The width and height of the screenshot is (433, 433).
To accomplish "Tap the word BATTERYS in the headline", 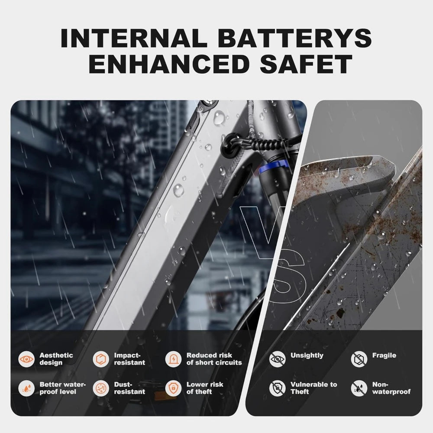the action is [x=296, y=38].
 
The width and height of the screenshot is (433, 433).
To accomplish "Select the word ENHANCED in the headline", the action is [x=168, y=64].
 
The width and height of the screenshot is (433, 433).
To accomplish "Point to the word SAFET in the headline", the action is [x=306, y=64].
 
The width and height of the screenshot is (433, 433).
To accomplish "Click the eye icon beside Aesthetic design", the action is [x=26, y=359].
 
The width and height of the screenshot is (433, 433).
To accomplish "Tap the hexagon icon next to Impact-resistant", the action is [x=101, y=359].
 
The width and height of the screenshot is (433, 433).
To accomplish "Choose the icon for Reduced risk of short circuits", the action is [x=174, y=359].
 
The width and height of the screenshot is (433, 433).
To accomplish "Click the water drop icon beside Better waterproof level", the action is [x=26, y=388].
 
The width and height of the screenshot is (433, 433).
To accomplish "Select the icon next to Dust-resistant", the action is [x=101, y=388].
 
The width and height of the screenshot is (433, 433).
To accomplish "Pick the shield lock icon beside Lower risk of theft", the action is [x=174, y=388].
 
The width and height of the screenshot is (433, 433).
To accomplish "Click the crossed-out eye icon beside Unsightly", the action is [x=277, y=359].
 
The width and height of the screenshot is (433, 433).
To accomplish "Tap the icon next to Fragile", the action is [x=359, y=359].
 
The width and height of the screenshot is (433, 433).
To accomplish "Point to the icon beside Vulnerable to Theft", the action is [x=277, y=388].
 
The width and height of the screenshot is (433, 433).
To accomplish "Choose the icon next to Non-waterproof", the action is [x=359, y=388].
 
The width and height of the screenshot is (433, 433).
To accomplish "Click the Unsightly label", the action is [x=307, y=355].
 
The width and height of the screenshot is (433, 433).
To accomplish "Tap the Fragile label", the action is [x=384, y=355].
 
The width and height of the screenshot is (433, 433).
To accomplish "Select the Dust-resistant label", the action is [x=129, y=388].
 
